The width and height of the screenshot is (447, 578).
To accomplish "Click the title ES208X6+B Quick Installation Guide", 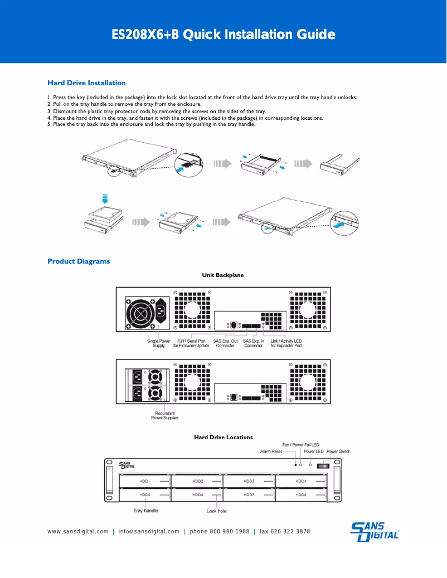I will pyautogui.click(x=223, y=35).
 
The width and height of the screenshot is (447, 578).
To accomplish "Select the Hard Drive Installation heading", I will pyautogui.click(x=86, y=83).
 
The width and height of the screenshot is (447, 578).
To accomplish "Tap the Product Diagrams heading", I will pyautogui.click(x=79, y=261).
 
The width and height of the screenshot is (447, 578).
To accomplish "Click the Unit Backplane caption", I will pyautogui.click(x=222, y=275).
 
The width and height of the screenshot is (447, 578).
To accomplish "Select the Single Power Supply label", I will pyautogui.click(x=158, y=343).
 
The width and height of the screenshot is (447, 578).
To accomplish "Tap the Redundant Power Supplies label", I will pyautogui.click(x=164, y=415).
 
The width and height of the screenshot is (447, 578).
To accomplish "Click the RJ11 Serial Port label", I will pyautogui.click(x=191, y=343).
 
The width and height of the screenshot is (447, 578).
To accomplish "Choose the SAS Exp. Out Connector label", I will pyautogui.click(x=225, y=343).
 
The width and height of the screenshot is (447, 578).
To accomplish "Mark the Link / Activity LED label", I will pyautogui.click(x=286, y=343).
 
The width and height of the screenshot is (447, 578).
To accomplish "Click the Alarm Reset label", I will pyautogui.click(x=271, y=451).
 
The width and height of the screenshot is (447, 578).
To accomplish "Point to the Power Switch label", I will pyautogui.click(x=338, y=451).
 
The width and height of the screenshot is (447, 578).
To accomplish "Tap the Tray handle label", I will pyautogui.click(x=145, y=511).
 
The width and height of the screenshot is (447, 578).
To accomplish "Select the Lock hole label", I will pyautogui.click(x=216, y=511).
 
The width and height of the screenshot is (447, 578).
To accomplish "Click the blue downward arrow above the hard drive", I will pyautogui.click(x=104, y=198).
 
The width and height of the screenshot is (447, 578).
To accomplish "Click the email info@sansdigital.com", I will pyautogui.click(x=149, y=532).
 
